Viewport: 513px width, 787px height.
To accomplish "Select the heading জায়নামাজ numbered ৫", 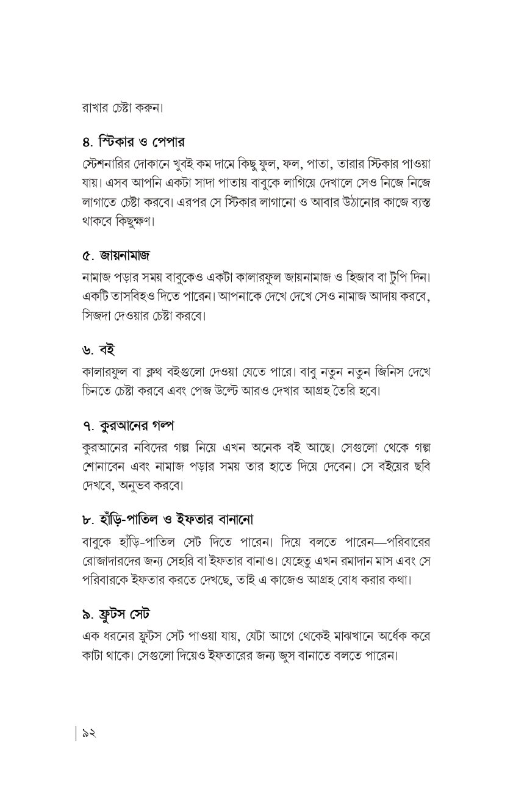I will pos(124,253).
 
